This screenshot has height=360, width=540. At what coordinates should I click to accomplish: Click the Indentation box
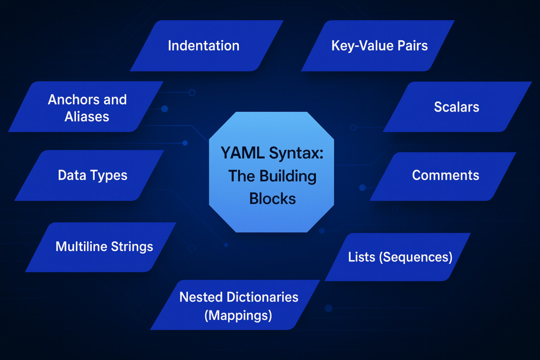[204, 46]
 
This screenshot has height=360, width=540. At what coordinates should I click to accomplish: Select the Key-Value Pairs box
[379, 46]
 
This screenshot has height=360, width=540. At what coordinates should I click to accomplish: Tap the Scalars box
[457, 107]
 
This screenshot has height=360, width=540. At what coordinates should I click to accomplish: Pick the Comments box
[445, 176]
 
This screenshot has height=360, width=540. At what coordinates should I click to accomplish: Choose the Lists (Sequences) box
[400, 257]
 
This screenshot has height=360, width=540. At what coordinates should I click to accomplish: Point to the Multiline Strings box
[104, 247]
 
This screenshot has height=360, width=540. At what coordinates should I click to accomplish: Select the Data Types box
[92, 176]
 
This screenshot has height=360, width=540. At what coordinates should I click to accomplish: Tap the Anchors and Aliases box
[87, 108]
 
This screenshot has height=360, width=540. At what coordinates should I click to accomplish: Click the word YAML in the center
[243, 153]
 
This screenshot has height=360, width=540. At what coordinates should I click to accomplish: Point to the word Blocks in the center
[272, 198]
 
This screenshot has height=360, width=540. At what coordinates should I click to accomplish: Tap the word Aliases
[87, 117]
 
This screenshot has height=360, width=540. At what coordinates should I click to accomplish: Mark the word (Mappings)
[238, 316]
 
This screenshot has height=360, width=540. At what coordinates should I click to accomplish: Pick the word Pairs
[412, 46]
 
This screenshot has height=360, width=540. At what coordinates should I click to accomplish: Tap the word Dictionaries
[262, 297]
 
